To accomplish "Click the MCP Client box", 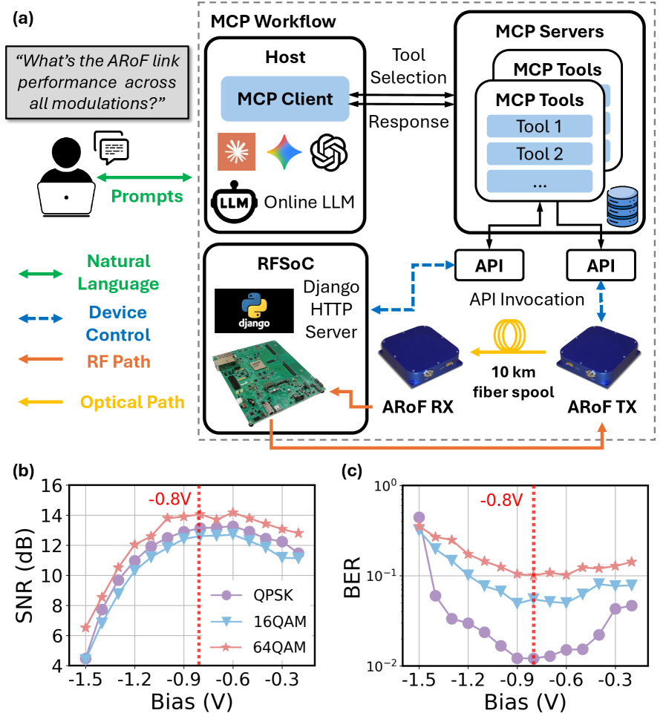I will pos(285,98).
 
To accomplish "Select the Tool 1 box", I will pos(539,126).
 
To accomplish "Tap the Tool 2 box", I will pos(539,154).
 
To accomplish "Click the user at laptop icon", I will pos(67,178).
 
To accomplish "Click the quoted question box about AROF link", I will pos(93,82).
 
